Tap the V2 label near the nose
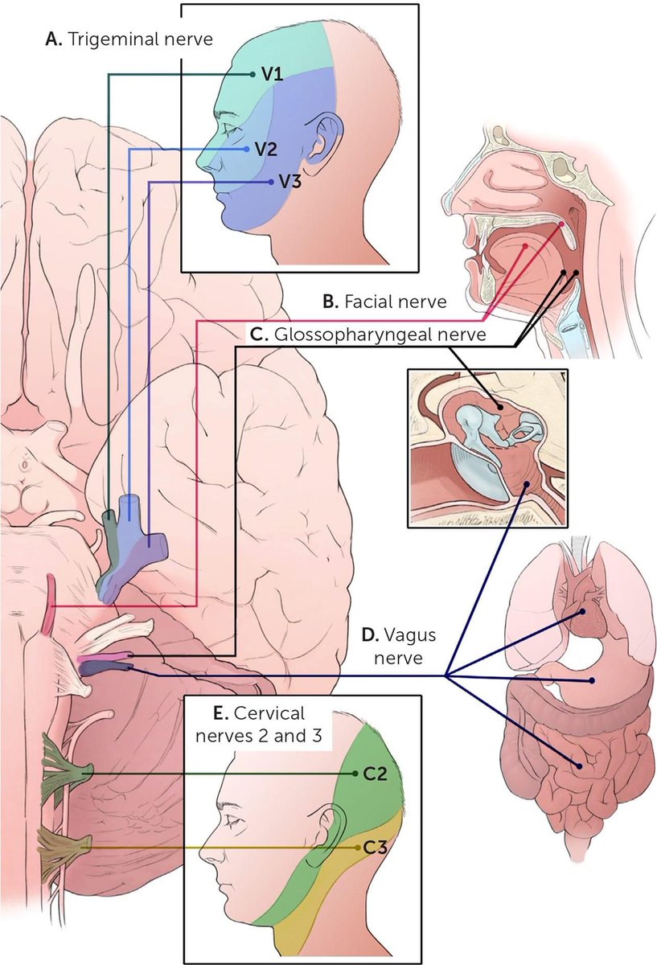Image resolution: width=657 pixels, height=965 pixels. [266, 150]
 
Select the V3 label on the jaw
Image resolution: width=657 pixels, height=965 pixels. [289, 183]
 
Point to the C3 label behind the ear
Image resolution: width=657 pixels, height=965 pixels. [376, 847]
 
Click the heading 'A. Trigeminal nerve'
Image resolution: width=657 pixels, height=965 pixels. [129, 39]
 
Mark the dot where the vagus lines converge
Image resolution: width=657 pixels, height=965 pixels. [446, 676]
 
